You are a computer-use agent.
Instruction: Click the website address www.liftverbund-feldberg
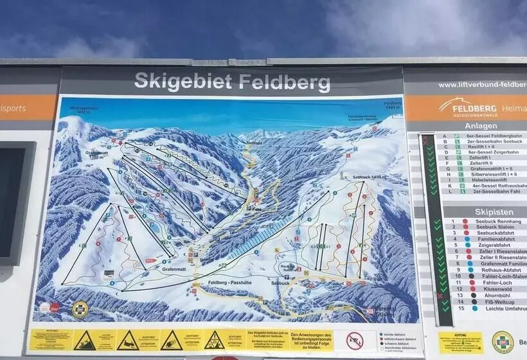click(x=482, y=85)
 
